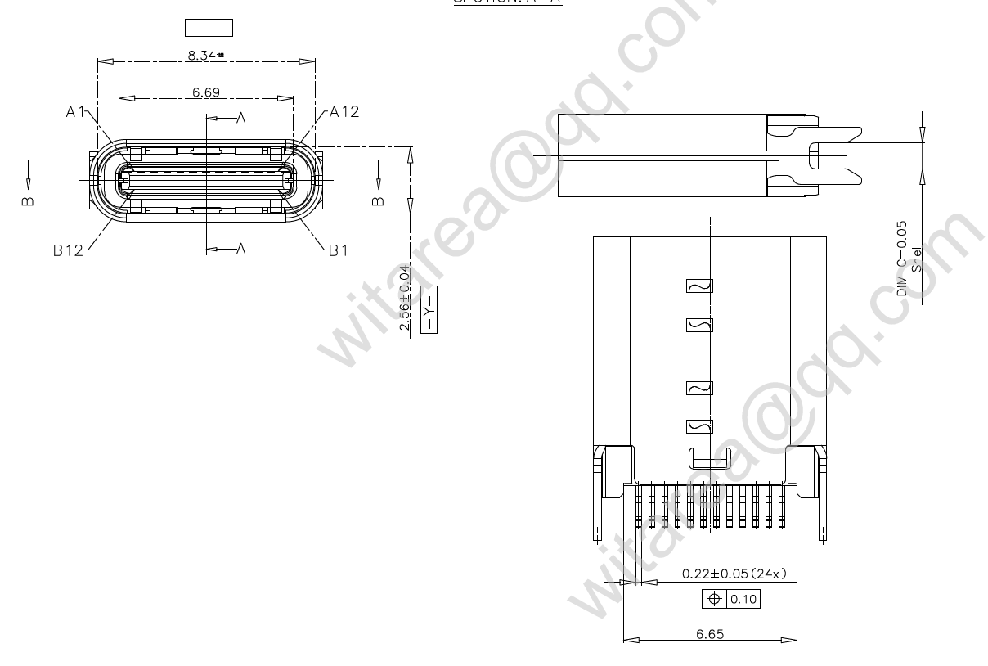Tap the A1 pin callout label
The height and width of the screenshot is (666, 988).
[x=77, y=112]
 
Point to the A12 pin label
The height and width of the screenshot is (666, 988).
[x=344, y=112]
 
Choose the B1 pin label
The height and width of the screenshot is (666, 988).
[x=338, y=251]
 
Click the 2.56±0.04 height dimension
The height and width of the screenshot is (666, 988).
[x=404, y=296]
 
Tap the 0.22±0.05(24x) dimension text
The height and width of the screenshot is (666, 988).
[x=734, y=574]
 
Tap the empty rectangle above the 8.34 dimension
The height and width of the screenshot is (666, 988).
[x=209, y=29]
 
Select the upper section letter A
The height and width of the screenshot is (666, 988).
[x=241, y=119]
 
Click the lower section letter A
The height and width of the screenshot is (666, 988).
[x=241, y=249]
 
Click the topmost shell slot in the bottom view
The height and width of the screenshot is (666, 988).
[x=699, y=287]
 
